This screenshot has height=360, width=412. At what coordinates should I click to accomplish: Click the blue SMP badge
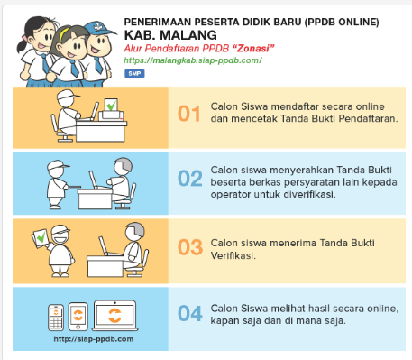(x=134, y=74)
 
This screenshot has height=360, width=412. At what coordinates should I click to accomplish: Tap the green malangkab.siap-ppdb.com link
(x=193, y=60)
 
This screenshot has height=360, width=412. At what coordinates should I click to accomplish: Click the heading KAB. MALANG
(x=170, y=35)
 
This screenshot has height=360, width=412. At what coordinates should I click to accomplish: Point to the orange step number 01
(x=189, y=114)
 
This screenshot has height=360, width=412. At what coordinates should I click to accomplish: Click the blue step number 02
(x=190, y=178)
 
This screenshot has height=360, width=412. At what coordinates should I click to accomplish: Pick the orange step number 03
(x=190, y=247)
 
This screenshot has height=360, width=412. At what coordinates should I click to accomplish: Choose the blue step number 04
(x=190, y=313)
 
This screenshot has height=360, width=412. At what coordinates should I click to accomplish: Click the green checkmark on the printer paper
(x=112, y=106)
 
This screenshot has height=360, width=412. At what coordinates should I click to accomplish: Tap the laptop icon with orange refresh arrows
(x=114, y=315)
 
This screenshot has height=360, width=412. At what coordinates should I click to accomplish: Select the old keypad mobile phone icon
(x=56, y=318)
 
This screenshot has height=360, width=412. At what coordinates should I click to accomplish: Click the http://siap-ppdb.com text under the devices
(x=94, y=339)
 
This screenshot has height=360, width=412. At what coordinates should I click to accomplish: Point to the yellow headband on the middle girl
(x=63, y=34)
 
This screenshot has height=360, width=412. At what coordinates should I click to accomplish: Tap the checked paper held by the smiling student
(x=40, y=238)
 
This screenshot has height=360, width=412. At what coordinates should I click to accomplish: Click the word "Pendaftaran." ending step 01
(x=368, y=119)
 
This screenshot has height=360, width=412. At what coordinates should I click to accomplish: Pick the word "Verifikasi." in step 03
(x=233, y=256)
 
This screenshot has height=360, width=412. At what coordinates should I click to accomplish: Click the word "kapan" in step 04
(x=223, y=321)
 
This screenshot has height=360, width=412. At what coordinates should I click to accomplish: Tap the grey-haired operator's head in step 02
(x=124, y=165)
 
